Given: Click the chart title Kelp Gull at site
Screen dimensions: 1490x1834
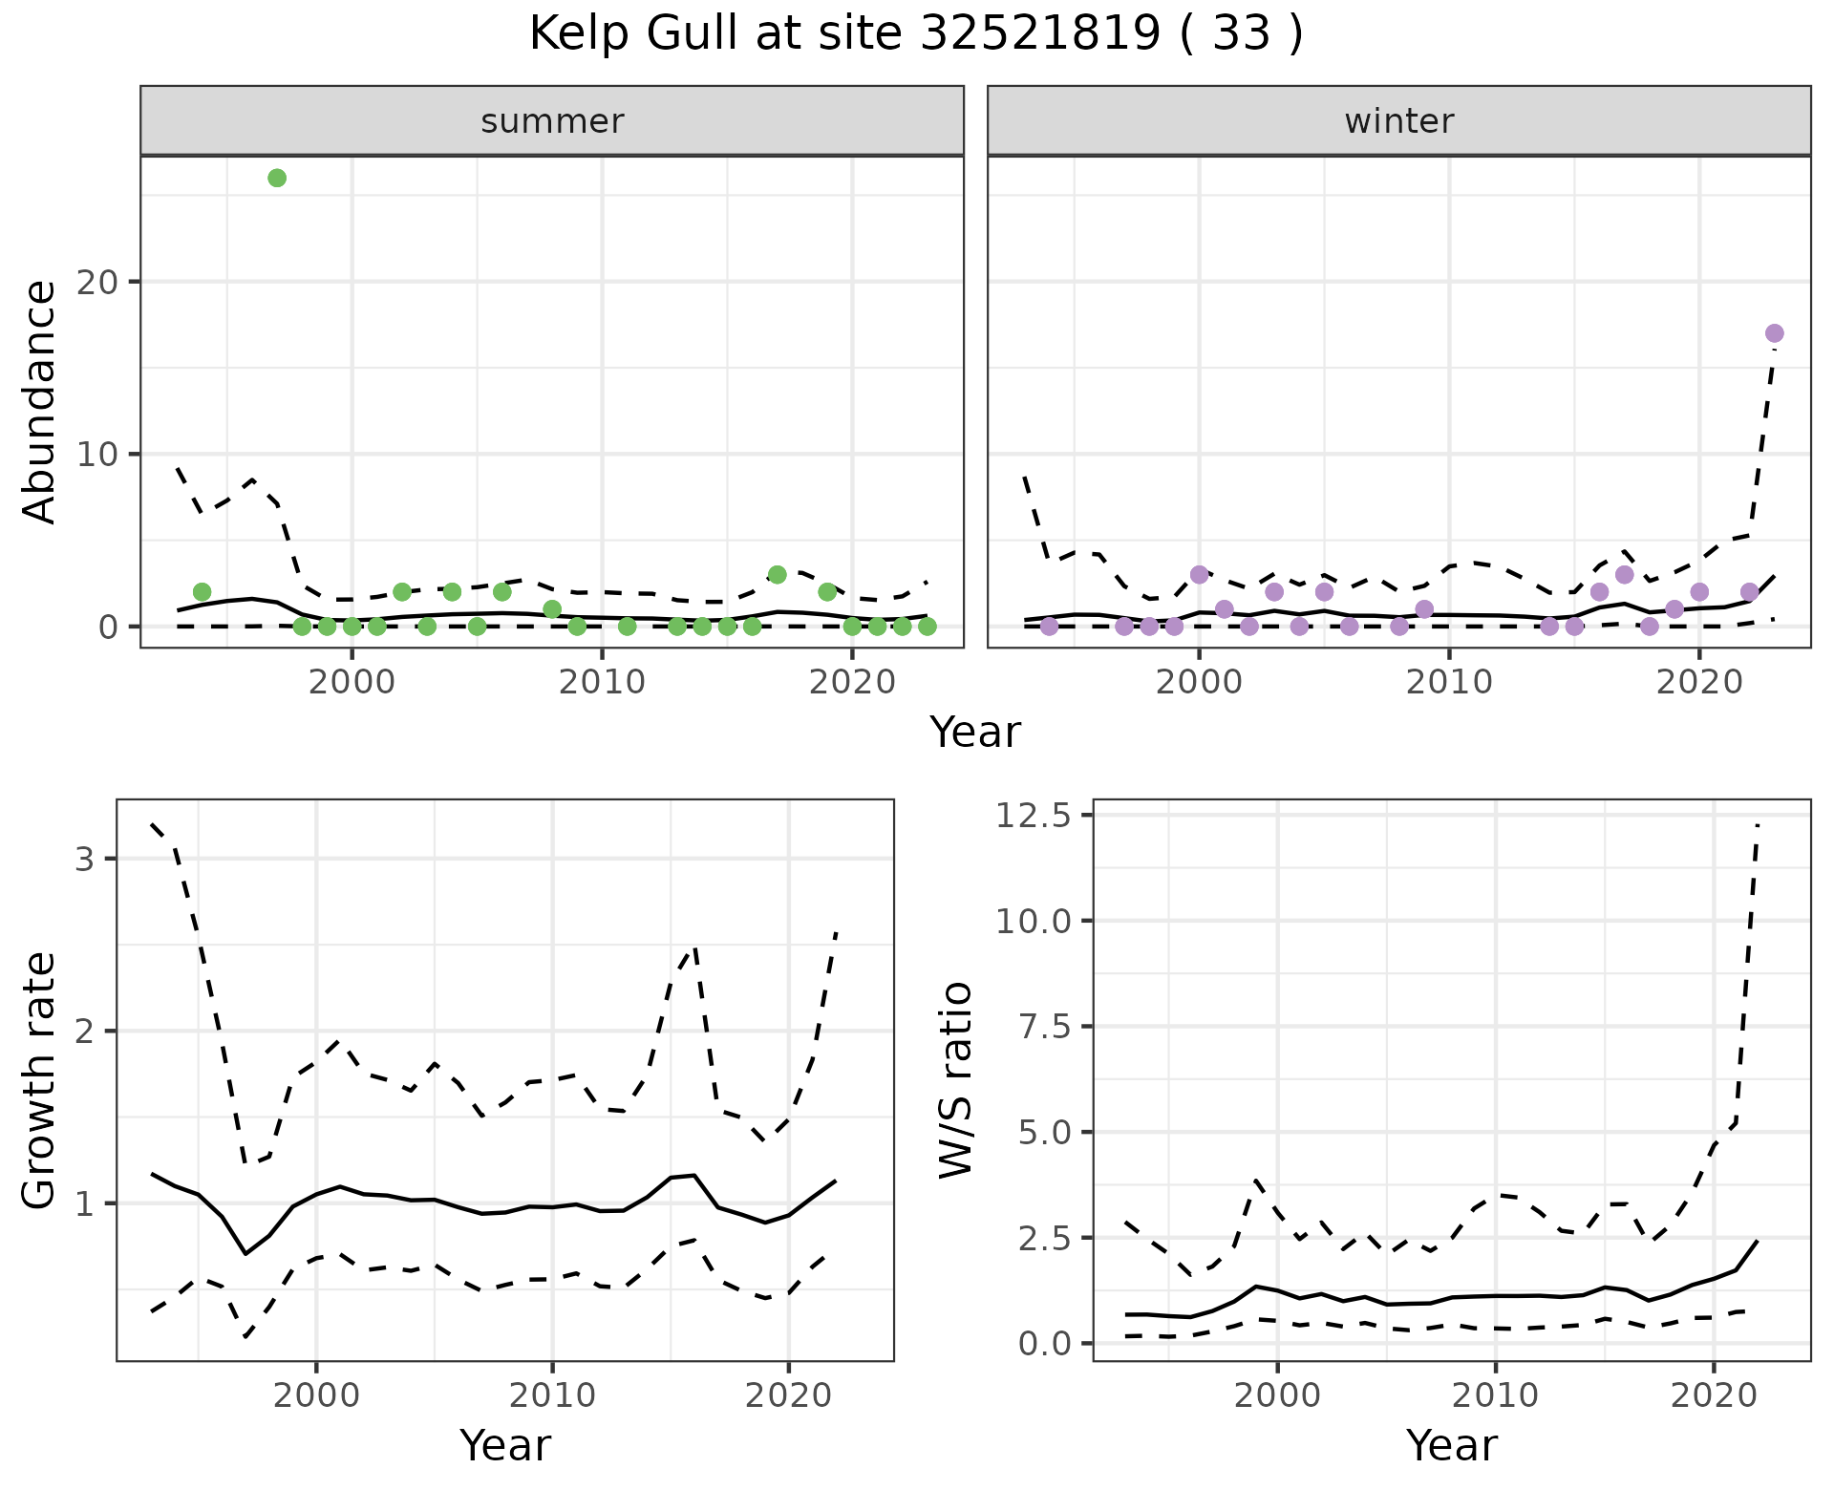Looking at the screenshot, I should (x=915, y=34).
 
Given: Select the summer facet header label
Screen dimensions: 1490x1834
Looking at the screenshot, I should (x=552, y=121).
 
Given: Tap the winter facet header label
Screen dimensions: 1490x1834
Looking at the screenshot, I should (x=1398, y=121).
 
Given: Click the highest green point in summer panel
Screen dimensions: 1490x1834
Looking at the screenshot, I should (x=277, y=178).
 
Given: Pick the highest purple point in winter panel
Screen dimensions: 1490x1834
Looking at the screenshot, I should (x=1775, y=333).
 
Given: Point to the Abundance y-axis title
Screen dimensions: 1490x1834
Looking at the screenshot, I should (x=40, y=401).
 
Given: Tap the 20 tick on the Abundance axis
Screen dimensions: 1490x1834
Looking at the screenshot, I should (x=108, y=282).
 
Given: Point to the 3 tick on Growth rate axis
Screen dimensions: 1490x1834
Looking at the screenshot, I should (x=85, y=859).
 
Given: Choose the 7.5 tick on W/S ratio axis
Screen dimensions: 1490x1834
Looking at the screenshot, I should (x=1045, y=1027).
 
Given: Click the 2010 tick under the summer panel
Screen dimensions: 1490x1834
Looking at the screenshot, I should (x=602, y=682).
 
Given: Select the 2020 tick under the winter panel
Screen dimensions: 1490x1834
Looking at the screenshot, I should (x=1699, y=682).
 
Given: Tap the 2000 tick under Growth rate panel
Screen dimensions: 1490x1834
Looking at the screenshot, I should (x=316, y=1395).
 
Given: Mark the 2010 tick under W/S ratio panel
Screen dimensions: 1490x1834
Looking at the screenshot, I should (x=1496, y=1395).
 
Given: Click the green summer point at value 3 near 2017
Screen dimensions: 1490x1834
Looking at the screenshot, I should (x=778, y=575).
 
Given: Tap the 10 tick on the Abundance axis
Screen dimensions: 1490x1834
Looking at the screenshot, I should (x=108, y=454).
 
